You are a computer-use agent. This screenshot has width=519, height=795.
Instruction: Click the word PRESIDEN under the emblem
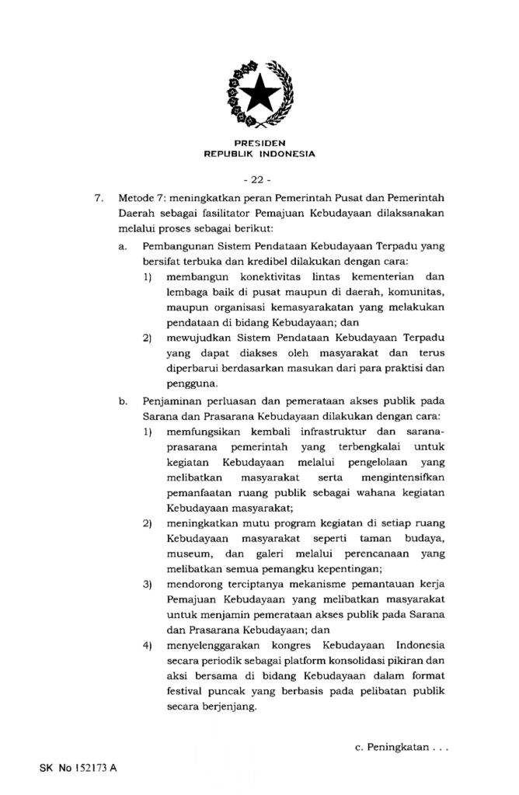coord(259,144)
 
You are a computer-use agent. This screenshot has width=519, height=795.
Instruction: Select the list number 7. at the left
coord(99,198)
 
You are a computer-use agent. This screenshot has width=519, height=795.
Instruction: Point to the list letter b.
coord(122,402)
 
